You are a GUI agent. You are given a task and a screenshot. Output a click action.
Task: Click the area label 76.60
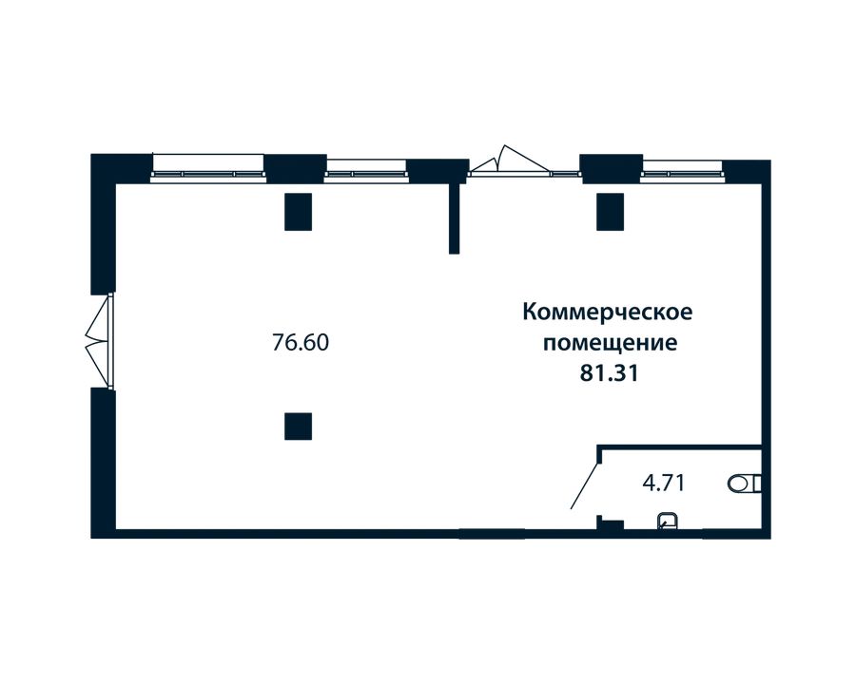(301, 343)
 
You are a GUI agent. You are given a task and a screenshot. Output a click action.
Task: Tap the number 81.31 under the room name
(609, 374)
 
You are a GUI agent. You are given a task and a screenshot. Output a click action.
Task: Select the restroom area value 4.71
(663, 483)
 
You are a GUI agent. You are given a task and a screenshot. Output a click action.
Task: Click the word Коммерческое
(608, 313)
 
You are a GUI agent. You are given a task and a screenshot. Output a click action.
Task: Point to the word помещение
(610, 344)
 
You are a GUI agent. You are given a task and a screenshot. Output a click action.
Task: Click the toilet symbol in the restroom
(745, 483)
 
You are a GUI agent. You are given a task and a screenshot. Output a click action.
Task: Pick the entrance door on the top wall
(510, 161)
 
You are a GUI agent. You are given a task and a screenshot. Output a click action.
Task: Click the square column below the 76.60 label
(298, 426)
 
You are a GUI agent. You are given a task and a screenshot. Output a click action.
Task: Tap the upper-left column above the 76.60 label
(298, 212)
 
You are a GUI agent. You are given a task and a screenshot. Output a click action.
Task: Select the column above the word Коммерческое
(610, 212)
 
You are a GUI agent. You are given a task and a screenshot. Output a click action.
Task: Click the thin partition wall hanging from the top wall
(455, 218)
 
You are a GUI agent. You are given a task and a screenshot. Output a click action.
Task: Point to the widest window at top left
(208, 166)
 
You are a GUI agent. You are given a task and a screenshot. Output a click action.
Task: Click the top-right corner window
(682, 168)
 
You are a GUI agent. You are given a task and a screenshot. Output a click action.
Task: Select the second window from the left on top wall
(366, 168)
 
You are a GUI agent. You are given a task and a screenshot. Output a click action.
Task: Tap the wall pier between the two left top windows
(296, 167)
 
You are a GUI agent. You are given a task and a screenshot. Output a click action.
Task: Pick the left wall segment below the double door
(103, 463)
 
